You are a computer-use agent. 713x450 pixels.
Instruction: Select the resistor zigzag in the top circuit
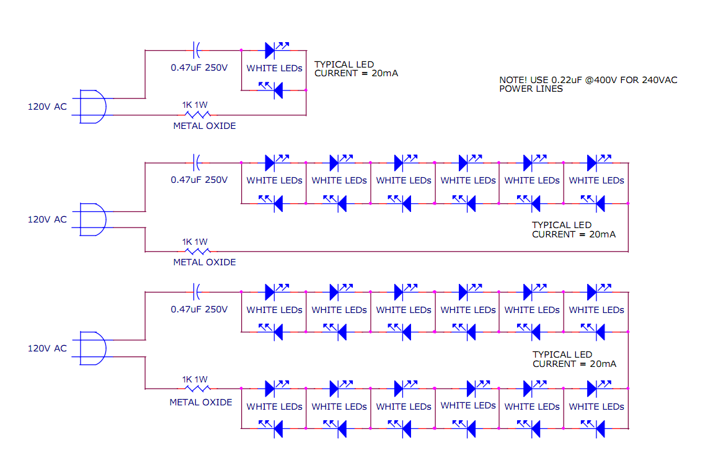(198, 115)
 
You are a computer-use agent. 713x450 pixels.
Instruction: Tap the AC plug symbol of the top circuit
(93, 107)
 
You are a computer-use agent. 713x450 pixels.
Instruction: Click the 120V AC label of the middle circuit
(47, 219)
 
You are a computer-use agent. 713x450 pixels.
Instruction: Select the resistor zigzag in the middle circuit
(198, 251)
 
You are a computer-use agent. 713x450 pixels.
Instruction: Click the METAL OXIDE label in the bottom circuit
(201, 402)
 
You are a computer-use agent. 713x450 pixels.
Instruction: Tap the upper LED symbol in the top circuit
(271, 50)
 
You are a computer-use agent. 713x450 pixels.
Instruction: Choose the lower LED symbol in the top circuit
(277, 90)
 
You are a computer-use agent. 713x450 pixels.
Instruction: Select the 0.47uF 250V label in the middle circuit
(199, 180)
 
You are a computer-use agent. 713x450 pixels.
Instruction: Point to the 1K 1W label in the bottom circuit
(195, 379)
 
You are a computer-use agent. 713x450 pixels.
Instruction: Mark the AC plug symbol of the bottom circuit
(93, 348)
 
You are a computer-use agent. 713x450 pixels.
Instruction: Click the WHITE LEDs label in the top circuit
(274, 68)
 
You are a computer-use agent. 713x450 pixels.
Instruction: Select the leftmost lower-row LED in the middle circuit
(277, 203)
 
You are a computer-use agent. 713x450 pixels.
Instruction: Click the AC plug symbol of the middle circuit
(93, 219)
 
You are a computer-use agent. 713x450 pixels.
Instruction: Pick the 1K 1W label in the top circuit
(195, 105)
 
